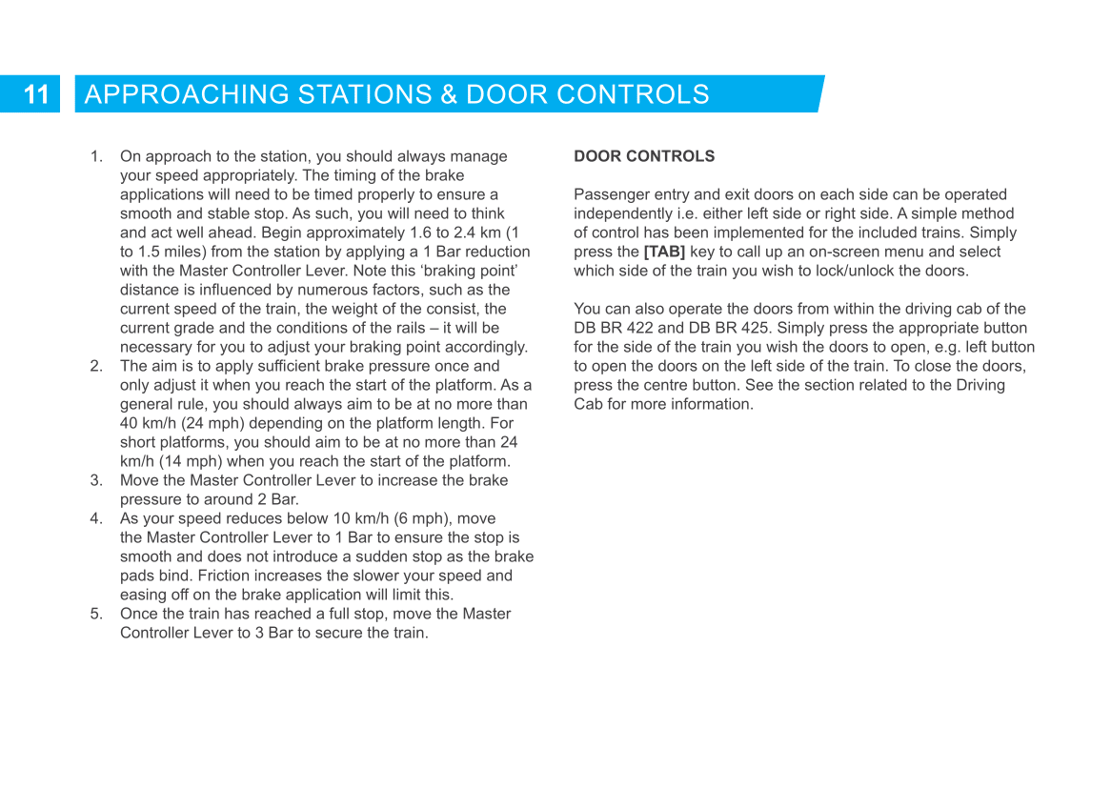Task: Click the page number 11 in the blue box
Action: click(x=36, y=94)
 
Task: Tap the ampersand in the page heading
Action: click(x=448, y=94)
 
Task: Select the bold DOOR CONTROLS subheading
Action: click(x=644, y=156)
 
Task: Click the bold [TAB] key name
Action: click(x=664, y=252)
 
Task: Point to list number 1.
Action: click(x=96, y=156)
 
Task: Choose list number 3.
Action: click(x=96, y=480)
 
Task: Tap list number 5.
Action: click(x=96, y=614)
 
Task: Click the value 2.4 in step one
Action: click(x=449, y=232)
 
